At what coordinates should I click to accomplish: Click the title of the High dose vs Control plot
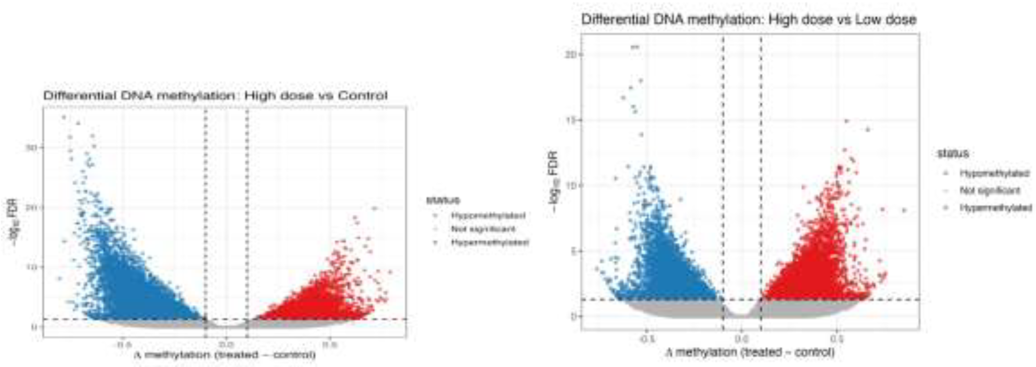tap(215, 96)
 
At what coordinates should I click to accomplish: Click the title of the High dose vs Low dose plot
tap(749, 19)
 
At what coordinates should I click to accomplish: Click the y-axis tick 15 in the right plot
tap(570, 120)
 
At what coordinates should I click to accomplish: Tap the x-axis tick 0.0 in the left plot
tap(226, 345)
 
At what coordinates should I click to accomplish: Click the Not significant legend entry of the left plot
tap(483, 229)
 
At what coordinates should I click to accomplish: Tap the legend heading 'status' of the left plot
tap(443, 200)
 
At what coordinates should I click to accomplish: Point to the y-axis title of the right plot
tap(554, 181)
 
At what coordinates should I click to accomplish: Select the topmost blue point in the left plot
tap(63, 117)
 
